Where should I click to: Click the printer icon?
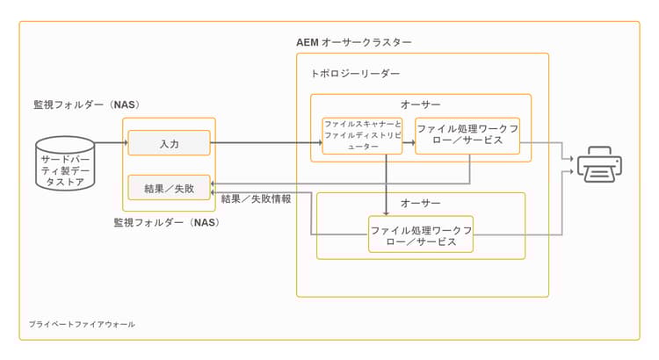(600, 166)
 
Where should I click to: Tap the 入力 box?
(169, 142)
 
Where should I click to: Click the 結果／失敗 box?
(169, 187)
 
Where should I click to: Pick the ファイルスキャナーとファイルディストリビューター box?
(362, 135)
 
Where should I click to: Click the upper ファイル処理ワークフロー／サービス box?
(467, 135)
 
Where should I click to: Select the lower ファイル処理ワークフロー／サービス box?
(421, 234)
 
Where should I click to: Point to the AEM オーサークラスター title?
(354, 42)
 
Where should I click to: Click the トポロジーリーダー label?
(356, 75)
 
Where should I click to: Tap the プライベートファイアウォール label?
(82, 324)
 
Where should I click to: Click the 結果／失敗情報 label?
(257, 198)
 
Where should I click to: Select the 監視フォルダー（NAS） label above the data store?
(87, 105)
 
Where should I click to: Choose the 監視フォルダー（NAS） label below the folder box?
(166, 222)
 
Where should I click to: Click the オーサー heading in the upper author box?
(420, 105)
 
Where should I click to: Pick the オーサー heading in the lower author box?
(420, 204)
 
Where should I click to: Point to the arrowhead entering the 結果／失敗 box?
(214, 183)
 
